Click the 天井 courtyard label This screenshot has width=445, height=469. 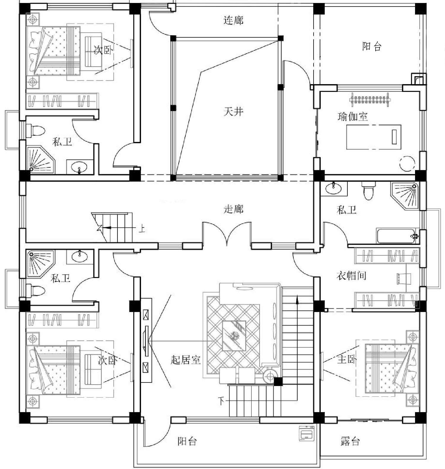(x=233, y=112)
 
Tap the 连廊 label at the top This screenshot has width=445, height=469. (x=233, y=20)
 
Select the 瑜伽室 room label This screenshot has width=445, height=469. (x=353, y=116)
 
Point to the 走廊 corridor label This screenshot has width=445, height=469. (x=233, y=209)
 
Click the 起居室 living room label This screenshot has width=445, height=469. (x=186, y=360)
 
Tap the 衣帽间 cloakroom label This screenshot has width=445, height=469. (x=351, y=276)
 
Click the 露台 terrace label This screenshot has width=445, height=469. (x=350, y=441)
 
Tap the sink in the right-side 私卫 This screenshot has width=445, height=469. (x=334, y=188)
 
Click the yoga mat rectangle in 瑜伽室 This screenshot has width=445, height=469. (x=374, y=137)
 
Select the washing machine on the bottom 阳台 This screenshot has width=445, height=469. (x=306, y=433)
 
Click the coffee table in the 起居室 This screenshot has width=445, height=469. (x=234, y=336)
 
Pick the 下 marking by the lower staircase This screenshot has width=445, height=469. (x=221, y=401)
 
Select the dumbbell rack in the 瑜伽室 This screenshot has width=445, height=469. (x=369, y=99)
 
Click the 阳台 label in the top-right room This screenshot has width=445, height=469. (x=372, y=46)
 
